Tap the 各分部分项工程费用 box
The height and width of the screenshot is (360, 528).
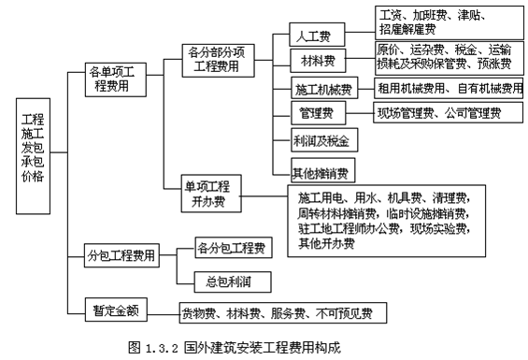point(219,58)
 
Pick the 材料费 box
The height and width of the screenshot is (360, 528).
point(313,62)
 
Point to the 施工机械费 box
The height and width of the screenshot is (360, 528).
point(322,90)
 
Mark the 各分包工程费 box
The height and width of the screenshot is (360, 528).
point(230,248)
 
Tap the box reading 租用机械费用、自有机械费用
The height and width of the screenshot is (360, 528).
point(449,89)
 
